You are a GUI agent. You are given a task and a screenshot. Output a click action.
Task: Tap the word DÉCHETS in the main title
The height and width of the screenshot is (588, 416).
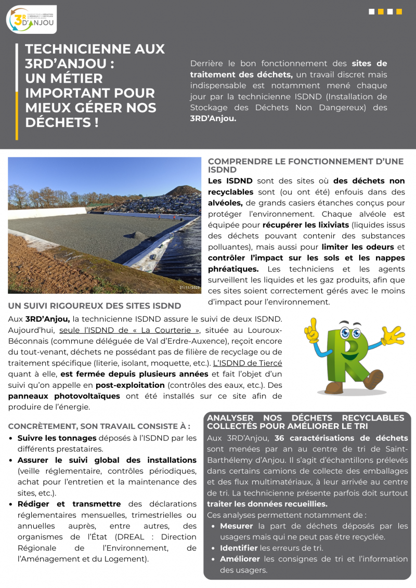pyautogui.click(x=57, y=123)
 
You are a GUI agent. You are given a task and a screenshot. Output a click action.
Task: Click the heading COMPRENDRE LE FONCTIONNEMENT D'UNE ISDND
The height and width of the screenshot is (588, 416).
pyautogui.click(x=306, y=165)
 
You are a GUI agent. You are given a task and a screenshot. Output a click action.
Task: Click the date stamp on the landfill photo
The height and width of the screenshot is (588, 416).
pyautogui.click(x=189, y=288)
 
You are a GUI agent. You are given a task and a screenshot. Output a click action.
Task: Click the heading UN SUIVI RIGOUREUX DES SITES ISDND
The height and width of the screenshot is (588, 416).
pyautogui.click(x=95, y=306)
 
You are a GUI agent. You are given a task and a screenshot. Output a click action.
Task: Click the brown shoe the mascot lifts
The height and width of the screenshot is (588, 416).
pyautogui.click(x=374, y=379)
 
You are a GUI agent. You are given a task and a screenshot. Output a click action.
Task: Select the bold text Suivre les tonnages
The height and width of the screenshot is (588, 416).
pyautogui.click(x=57, y=438)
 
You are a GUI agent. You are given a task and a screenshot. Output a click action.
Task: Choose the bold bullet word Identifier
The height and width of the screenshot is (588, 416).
pyautogui.click(x=239, y=547)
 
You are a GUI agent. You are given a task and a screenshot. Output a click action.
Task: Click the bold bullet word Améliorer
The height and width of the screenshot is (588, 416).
pyautogui.click(x=240, y=559)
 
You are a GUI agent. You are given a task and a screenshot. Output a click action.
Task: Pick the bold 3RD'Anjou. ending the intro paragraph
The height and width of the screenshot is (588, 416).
pyautogui.click(x=213, y=118)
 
